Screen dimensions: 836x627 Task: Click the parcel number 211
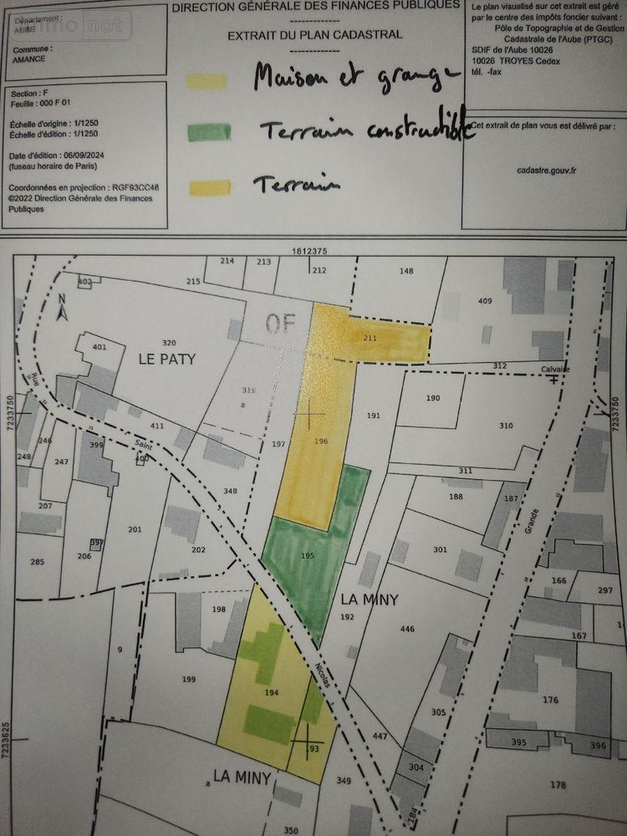coord(371,339)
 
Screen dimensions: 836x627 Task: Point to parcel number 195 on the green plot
coord(307,556)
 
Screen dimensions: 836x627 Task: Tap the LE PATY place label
coord(166,359)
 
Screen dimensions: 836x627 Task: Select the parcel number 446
coord(408,629)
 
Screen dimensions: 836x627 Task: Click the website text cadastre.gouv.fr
coord(546,169)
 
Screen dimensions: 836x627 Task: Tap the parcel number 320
coord(169,344)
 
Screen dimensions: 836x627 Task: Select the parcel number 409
coord(485,301)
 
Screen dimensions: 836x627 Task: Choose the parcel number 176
coord(550,700)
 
